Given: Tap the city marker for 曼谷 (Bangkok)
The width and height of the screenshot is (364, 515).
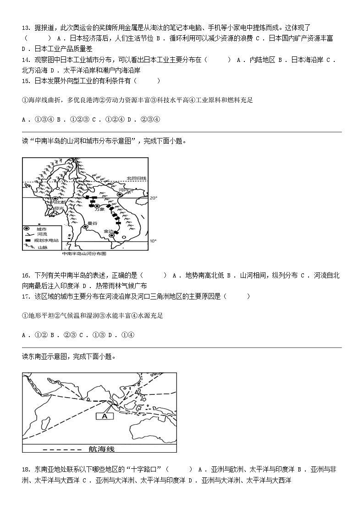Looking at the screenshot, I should click(x=85, y=227).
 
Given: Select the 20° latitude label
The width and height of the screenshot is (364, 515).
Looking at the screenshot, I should click(x=153, y=198).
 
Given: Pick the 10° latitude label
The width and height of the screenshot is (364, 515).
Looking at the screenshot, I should click(x=153, y=241).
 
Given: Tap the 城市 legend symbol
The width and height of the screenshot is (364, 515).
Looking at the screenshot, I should click(x=28, y=228).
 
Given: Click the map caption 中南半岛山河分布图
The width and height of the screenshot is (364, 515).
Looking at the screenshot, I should click(x=84, y=253).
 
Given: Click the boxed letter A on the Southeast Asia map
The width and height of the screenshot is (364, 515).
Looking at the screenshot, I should click(x=104, y=416).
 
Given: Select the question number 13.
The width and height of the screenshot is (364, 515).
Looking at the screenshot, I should click(x=26, y=28).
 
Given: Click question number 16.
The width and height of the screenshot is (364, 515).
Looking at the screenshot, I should click(x=26, y=275).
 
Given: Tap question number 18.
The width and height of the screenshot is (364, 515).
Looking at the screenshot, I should click(x=26, y=469).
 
